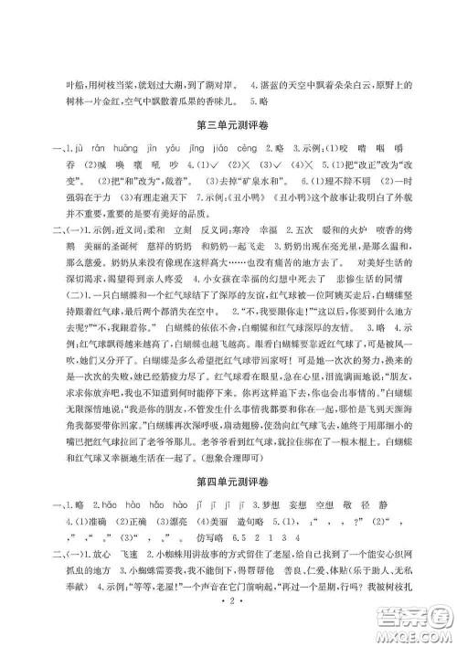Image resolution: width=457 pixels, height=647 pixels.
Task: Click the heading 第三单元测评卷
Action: pyautogui.click(x=228, y=122)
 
